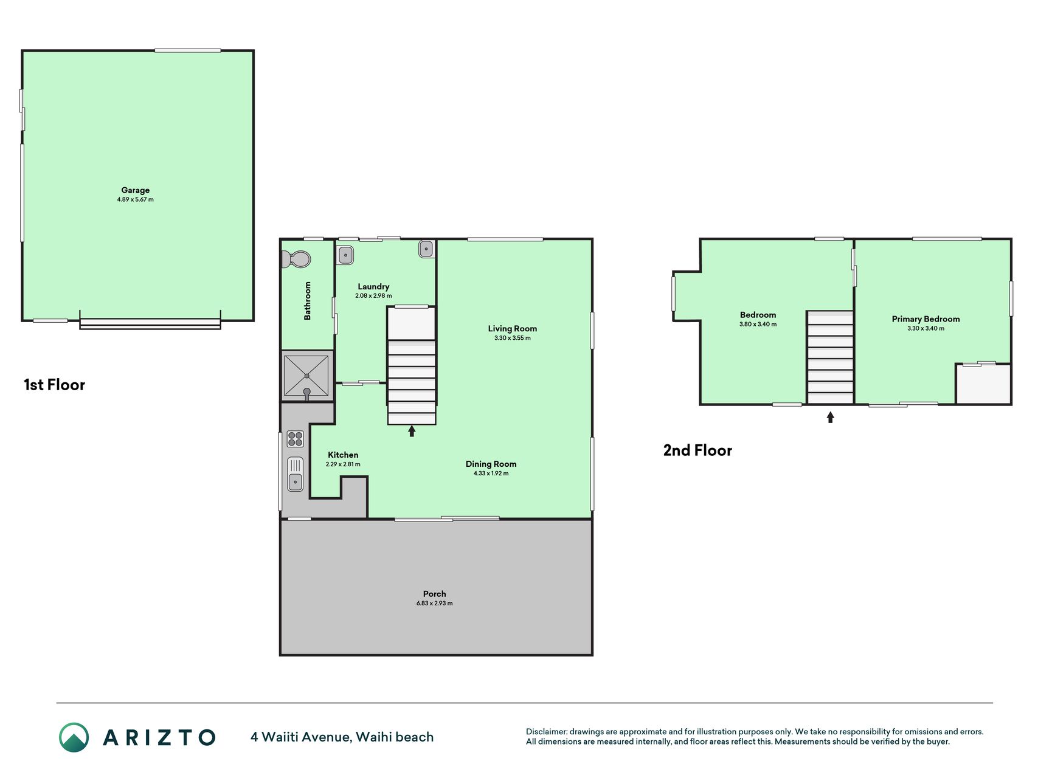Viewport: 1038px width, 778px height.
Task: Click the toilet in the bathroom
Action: coord(296,260)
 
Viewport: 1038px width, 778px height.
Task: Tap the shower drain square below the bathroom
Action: coord(306,376)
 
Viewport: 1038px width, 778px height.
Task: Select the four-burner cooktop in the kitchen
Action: coord(295,439)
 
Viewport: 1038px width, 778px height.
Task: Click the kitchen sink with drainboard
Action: coord(295,474)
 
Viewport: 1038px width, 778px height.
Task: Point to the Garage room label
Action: coord(135,190)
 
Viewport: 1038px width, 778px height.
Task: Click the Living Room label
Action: coord(513,329)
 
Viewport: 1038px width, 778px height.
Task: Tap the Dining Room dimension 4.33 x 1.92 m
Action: coord(491,473)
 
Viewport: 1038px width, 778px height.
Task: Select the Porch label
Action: coord(435,594)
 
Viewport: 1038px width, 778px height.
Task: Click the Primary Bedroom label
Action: coord(926,319)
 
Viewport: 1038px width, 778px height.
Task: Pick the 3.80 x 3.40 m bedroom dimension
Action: coord(758,325)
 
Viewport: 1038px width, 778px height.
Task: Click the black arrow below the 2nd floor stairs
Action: coord(831,417)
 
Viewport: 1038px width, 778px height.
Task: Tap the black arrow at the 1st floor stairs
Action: coord(412,431)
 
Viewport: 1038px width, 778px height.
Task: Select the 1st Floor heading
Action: coord(54,385)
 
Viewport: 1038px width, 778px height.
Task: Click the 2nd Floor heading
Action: coord(697,450)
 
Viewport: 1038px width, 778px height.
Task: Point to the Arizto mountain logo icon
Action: coord(74,737)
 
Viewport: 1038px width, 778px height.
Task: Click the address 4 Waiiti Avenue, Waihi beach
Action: coord(342,737)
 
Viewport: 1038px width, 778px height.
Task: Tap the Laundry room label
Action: coord(373,287)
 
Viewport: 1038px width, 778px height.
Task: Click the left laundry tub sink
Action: coord(346,255)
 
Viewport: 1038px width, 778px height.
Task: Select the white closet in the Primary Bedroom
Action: coord(984,384)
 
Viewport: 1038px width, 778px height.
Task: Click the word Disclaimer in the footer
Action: coord(546,732)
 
